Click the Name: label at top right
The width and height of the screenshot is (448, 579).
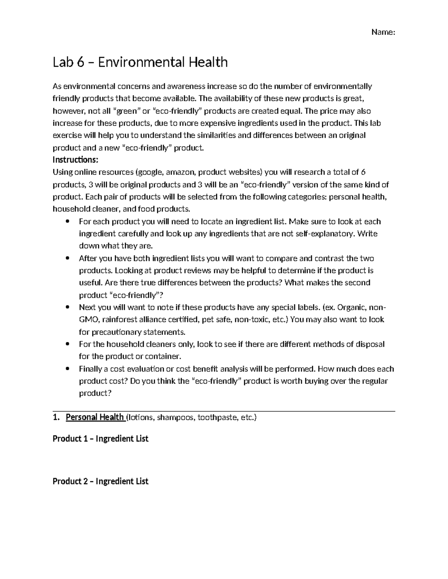pos(383,32)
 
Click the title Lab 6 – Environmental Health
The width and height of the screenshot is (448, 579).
pos(140,62)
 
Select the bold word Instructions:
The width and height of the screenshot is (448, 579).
pos(75,160)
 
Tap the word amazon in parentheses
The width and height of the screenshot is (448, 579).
pos(180,172)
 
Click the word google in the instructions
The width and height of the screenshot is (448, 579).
pos(150,172)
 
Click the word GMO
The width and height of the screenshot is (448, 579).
pos(88,320)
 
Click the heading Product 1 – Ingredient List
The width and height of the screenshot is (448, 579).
pos(100,439)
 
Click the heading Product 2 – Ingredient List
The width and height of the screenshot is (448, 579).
pos(100,481)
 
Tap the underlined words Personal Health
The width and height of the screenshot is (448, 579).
pos(95,417)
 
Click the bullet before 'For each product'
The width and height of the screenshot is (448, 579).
pos(68,221)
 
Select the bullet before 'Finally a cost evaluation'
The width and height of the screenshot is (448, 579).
pos(68,369)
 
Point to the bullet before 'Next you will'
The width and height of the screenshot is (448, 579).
pos(68,308)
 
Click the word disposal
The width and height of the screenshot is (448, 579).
pos(369,344)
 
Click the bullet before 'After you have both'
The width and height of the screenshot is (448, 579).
pos(68,258)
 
